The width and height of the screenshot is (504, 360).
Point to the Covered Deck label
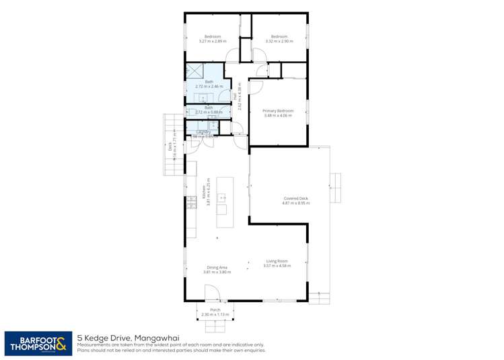(295, 199)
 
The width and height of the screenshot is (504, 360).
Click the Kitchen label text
(203, 191)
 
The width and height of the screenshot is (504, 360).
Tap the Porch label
(215, 310)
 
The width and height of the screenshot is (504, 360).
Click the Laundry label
(203, 132)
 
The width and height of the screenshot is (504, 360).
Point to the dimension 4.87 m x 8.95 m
(295, 203)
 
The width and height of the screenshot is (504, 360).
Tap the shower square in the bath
(194, 71)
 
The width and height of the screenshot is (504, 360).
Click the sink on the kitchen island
(221, 198)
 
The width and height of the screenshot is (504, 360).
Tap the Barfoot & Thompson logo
(36, 343)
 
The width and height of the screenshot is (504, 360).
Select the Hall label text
(236, 96)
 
